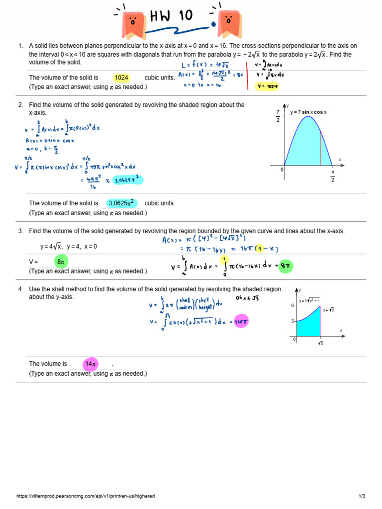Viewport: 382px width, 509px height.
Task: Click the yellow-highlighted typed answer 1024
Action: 121,78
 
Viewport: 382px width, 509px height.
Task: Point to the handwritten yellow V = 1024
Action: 268,86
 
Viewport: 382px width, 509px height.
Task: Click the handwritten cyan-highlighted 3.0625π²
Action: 128,180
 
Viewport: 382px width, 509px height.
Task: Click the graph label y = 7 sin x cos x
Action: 309,112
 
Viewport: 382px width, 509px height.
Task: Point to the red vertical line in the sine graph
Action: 320,144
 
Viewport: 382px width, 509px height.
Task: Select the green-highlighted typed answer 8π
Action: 61,261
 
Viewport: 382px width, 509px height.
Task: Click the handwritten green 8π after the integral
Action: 286,266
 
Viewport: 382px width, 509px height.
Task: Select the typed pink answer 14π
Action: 91,364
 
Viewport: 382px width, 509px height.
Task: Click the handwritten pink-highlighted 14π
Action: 242,322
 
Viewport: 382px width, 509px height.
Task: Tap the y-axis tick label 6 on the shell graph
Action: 293,306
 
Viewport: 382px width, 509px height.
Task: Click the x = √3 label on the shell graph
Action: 328,310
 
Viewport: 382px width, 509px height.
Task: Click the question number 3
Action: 21,231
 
